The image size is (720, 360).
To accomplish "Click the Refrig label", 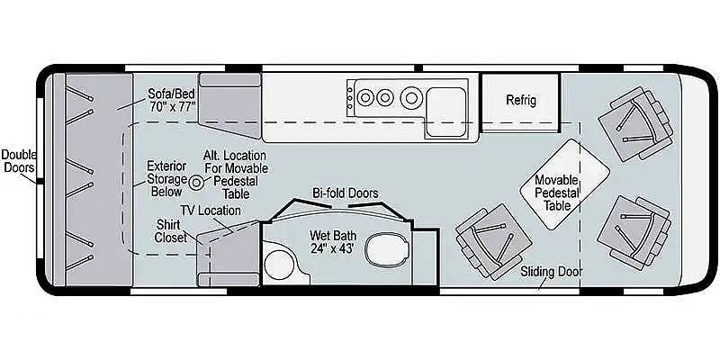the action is (521, 100).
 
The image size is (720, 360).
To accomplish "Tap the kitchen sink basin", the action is (445, 112).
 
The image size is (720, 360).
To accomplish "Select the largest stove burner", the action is (410, 97).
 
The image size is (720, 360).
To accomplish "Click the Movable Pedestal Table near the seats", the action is (565, 184).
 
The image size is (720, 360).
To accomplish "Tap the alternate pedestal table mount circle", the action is (195, 183).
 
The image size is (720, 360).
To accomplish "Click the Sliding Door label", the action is (551, 272).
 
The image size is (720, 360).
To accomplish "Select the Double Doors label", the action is (19, 161).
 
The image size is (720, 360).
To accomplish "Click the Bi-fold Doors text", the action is (346, 193).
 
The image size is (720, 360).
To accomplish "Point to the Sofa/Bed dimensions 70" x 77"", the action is (173, 106).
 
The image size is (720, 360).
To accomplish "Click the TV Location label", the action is (210, 211).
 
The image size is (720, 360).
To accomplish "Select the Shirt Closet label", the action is (171, 231).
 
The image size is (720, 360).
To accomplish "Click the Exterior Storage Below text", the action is (166, 178).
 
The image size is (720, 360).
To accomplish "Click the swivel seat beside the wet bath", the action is (493, 241).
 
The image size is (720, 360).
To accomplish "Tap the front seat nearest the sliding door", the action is (634, 233).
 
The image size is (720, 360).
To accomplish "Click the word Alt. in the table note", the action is (213, 156).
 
